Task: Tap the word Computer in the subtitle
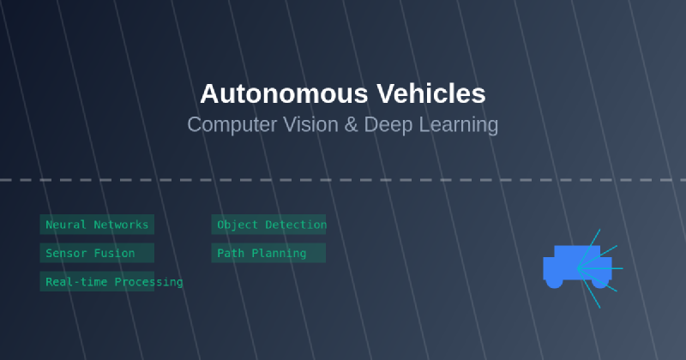click(225, 124)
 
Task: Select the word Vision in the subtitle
click(305, 124)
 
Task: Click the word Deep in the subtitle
click(388, 124)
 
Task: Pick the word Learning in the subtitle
click(459, 124)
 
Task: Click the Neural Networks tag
click(97, 225)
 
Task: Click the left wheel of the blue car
click(555, 281)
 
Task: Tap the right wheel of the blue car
click(599, 281)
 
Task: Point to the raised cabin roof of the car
click(577, 251)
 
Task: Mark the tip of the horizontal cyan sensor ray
click(623, 268)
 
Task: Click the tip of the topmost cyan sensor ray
click(600, 229)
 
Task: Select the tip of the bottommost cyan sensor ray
click(600, 308)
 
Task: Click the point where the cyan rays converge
click(578, 268)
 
